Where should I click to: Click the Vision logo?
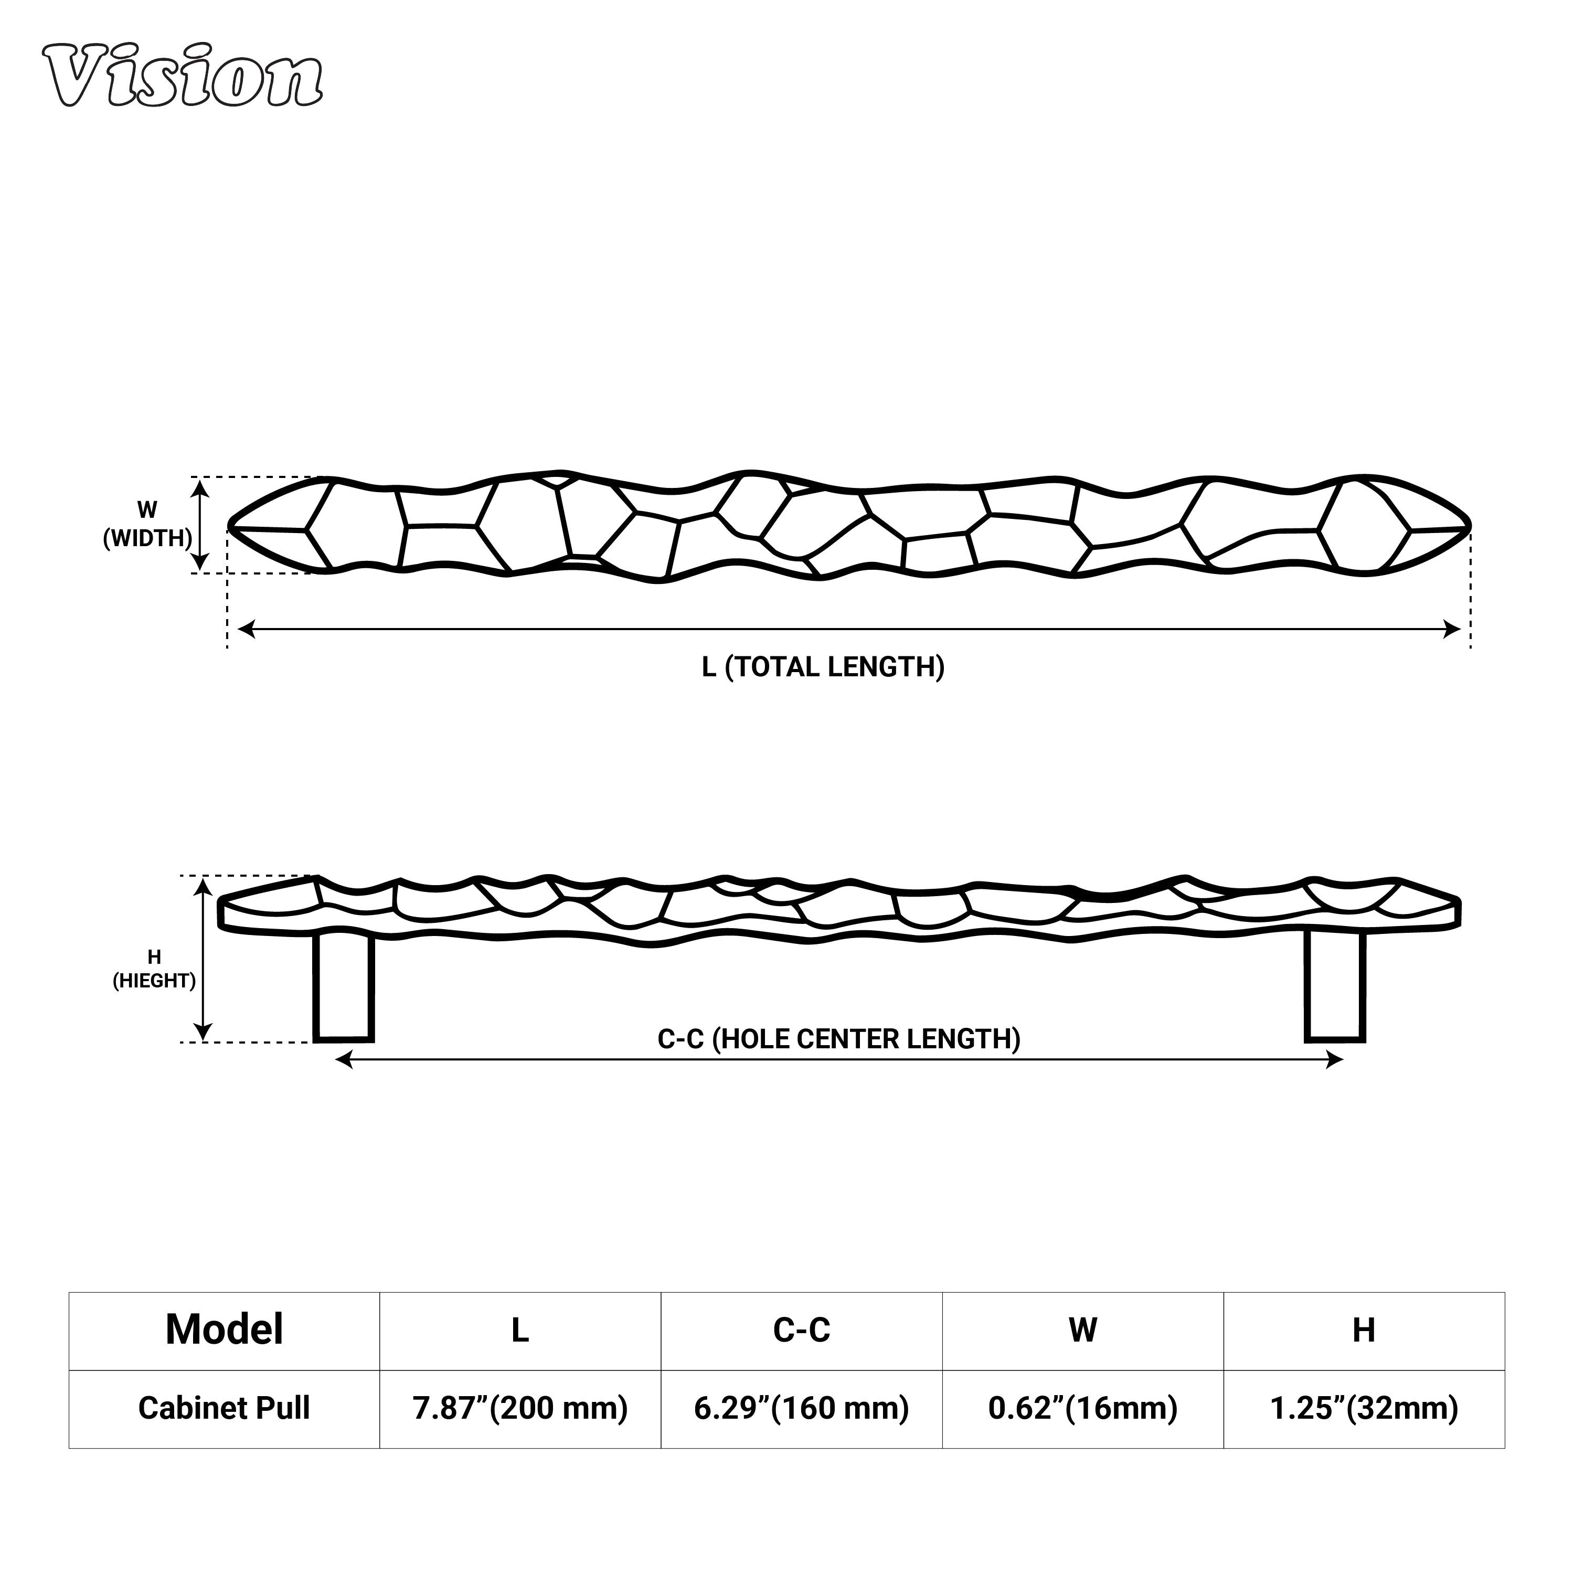183,76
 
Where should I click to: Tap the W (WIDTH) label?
147,525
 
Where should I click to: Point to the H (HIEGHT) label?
154,969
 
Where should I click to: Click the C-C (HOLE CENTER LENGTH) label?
839,1039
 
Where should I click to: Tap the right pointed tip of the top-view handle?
1470,527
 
